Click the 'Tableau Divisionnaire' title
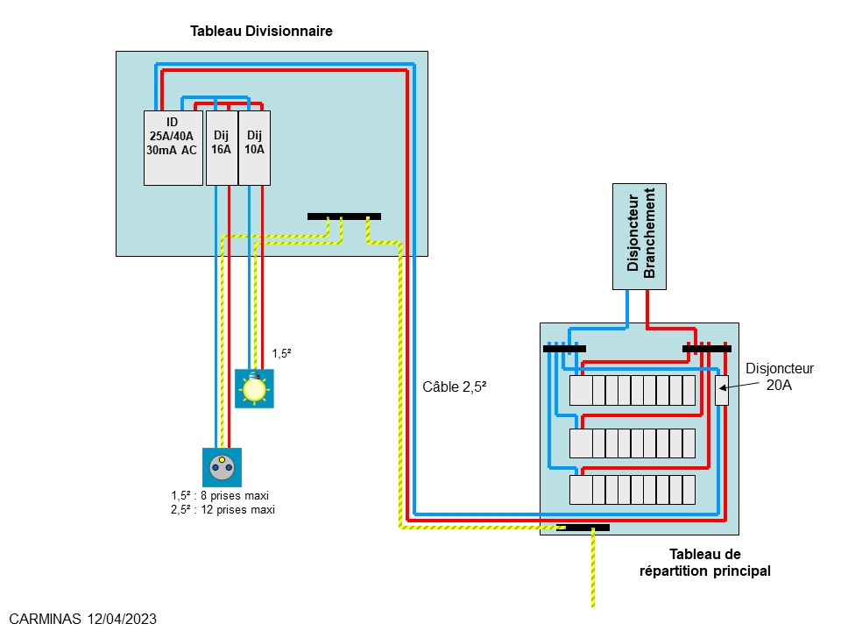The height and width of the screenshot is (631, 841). pyautogui.click(x=261, y=32)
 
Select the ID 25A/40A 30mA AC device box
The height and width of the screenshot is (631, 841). pyautogui.click(x=173, y=147)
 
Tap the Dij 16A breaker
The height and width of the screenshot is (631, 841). pyautogui.click(x=222, y=147)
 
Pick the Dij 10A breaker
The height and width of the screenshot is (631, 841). pyautogui.click(x=254, y=147)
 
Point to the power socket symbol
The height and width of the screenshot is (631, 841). pyautogui.click(x=222, y=468)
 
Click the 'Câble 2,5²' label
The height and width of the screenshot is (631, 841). pyautogui.click(x=453, y=386)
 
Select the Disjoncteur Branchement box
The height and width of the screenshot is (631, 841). pyautogui.click(x=639, y=236)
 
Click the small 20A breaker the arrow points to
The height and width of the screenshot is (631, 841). pyautogui.click(x=722, y=390)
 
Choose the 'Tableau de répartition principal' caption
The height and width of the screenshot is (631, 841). pyautogui.click(x=704, y=563)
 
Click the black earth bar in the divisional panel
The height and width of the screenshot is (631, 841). pyautogui.click(x=344, y=216)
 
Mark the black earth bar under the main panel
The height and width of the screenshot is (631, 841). pyautogui.click(x=587, y=528)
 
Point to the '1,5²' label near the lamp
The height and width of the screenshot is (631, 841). pyautogui.click(x=281, y=354)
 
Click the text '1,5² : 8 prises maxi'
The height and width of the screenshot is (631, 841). pyautogui.click(x=220, y=495)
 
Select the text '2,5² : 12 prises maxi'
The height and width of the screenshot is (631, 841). pyautogui.click(x=223, y=509)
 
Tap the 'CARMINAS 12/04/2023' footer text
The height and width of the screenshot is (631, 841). pyautogui.click(x=83, y=619)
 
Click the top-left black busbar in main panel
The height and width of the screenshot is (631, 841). pyautogui.click(x=564, y=349)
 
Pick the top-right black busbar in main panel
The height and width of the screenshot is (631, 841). pyautogui.click(x=706, y=349)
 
